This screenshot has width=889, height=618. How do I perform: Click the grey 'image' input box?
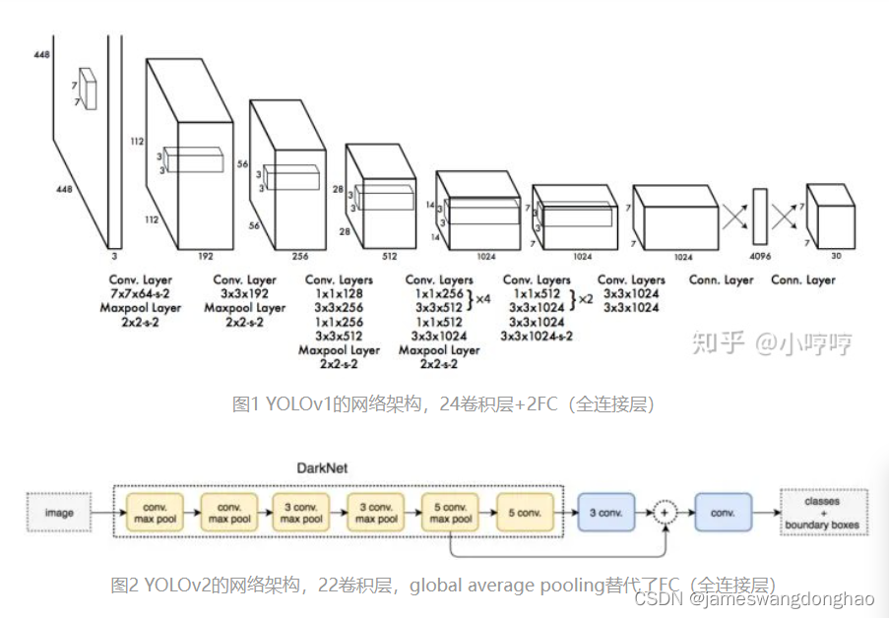(x=59, y=513)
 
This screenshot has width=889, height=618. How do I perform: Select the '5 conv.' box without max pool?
(x=525, y=513)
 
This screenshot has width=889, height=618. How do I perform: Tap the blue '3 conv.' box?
(x=605, y=513)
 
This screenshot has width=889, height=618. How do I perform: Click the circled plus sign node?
(x=666, y=513)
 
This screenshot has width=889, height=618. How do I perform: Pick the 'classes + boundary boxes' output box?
(x=821, y=513)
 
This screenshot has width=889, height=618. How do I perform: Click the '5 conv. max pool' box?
(x=451, y=513)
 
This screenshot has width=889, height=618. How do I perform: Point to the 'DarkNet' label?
(x=322, y=467)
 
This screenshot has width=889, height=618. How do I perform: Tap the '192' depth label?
(x=207, y=255)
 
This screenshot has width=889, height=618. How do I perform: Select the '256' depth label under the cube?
(x=300, y=256)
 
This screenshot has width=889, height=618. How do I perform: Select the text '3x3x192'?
(x=245, y=294)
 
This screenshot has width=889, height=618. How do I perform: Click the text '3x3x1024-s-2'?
(x=537, y=336)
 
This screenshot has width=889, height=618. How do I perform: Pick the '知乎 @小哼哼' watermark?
(x=772, y=343)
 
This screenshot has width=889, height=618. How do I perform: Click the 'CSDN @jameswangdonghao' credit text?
(x=754, y=598)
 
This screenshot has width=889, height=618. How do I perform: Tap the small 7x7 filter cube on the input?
(x=87, y=88)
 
